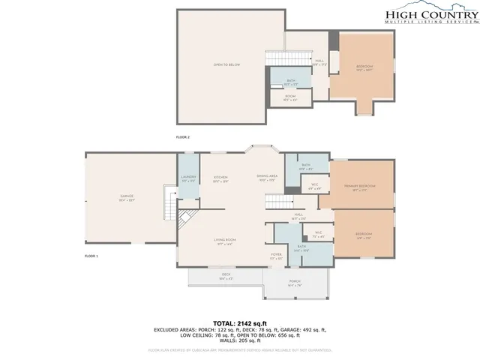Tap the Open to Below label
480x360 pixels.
point(226,66)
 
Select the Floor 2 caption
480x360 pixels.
point(183,138)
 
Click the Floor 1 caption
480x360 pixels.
point(91,256)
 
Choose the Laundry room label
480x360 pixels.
point(188,178)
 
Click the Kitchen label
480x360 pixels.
point(220,178)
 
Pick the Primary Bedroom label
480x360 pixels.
point(360,187)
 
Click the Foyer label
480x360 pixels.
point(276,256)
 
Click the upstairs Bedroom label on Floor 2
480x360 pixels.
point(364,67)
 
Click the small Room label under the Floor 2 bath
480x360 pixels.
point(289,97)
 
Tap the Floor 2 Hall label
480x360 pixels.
point(319,63)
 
